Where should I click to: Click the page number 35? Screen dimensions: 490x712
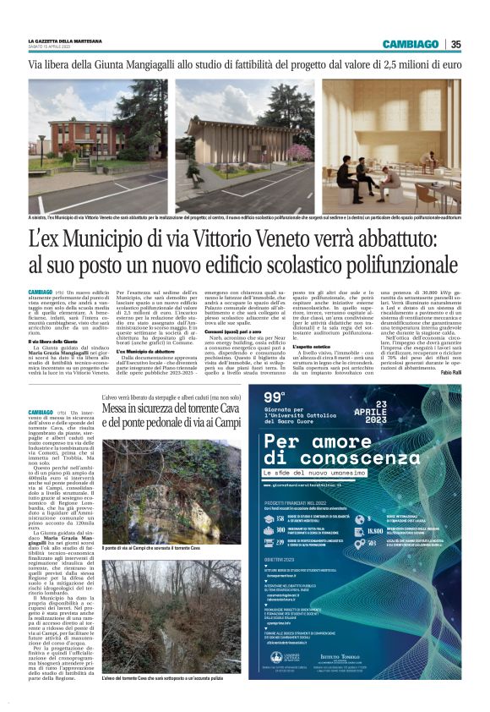455,44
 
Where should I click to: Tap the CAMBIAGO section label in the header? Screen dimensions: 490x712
410,44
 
